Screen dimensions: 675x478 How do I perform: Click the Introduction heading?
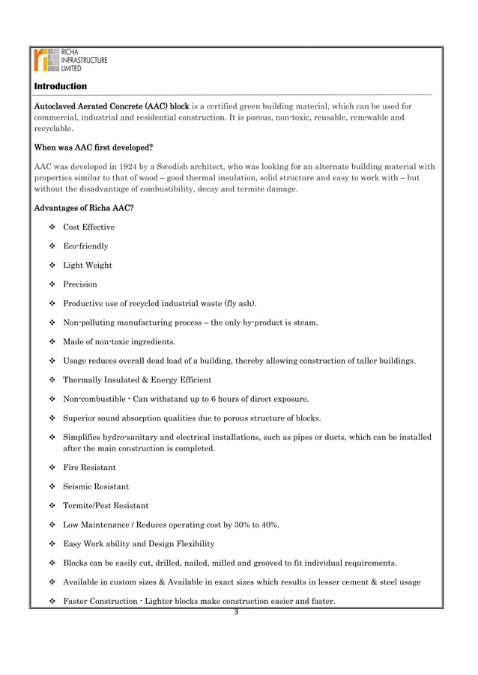[x=60, y=87]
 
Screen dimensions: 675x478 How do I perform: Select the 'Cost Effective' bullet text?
[x=88, y=227]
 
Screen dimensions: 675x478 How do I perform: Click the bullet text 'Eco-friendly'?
[x=85, y=246]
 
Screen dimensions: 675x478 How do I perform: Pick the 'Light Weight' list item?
[x=88, y=265]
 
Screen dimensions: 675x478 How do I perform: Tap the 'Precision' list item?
[x=80, y=284]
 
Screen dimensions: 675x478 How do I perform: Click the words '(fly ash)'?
[x=237, y=303]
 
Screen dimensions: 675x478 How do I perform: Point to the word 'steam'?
[x=304, y=323]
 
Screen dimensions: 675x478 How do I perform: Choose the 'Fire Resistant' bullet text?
[x=89, y=467]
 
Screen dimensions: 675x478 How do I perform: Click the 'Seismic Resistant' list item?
[x=96, y=486]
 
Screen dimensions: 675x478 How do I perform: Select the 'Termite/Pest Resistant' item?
[x=106, y=505]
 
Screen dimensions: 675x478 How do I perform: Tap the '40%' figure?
[x=268, y=525]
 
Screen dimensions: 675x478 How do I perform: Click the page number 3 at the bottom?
[x=235, y=614]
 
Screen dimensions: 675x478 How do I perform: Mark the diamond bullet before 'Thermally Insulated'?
[x=52, y=380]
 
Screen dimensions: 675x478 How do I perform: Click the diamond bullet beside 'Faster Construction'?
[x=52, y=602]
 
